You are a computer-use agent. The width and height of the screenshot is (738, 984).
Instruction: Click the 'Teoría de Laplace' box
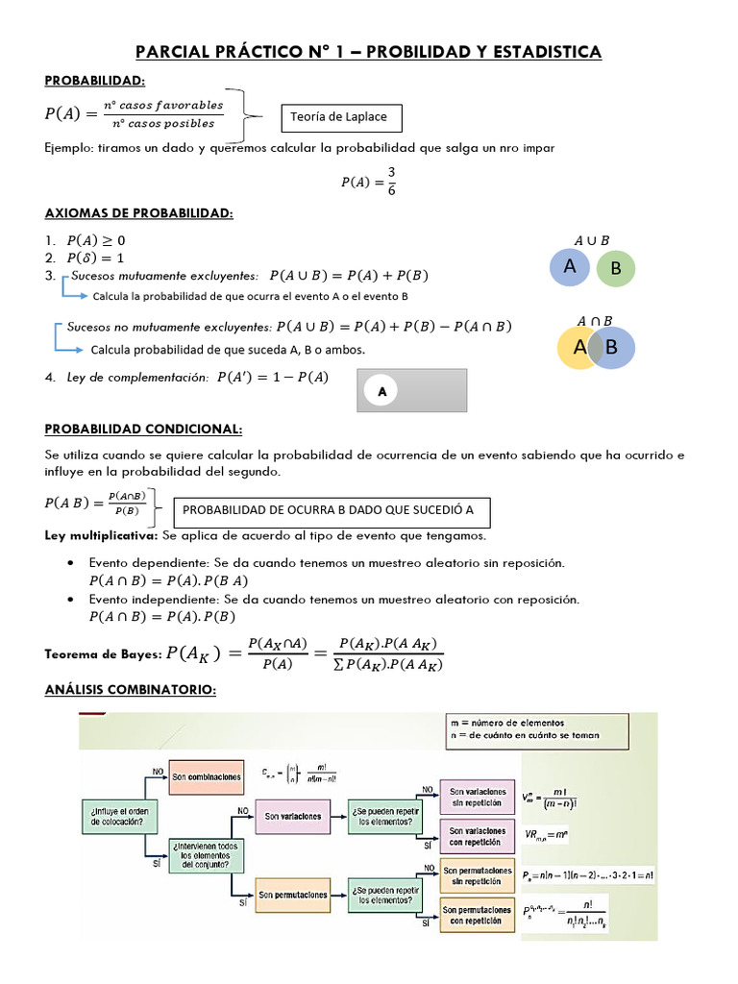[340, 118]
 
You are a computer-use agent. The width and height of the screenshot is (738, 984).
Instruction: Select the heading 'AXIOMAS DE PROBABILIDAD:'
[139, 213]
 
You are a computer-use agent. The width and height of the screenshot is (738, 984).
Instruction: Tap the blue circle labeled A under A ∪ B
[571, 267]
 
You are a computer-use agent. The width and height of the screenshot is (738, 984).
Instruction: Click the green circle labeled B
[616, 269]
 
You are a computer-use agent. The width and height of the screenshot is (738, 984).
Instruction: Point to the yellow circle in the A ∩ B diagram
[576, 348]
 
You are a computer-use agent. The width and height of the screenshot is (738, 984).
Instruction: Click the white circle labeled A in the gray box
[382, 392]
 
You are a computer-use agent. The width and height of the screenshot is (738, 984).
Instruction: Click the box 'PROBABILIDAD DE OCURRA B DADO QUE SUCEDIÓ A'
[329, 510]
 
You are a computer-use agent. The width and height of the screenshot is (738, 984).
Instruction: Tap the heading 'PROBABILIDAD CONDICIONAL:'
[143, 429]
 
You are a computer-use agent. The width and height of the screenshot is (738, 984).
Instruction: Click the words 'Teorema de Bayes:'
[103, 654]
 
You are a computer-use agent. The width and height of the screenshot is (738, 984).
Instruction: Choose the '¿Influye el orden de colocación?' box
[113, 817]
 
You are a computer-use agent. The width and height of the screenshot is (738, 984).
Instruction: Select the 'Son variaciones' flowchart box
[294, 818]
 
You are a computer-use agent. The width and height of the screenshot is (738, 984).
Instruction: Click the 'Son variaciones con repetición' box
[477, 836]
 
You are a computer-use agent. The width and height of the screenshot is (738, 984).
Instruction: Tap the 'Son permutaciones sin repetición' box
[477, 875]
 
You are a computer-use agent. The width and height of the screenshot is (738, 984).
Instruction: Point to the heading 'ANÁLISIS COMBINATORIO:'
[131, 690]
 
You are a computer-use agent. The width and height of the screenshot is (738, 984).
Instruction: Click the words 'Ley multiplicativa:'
[101, 535]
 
